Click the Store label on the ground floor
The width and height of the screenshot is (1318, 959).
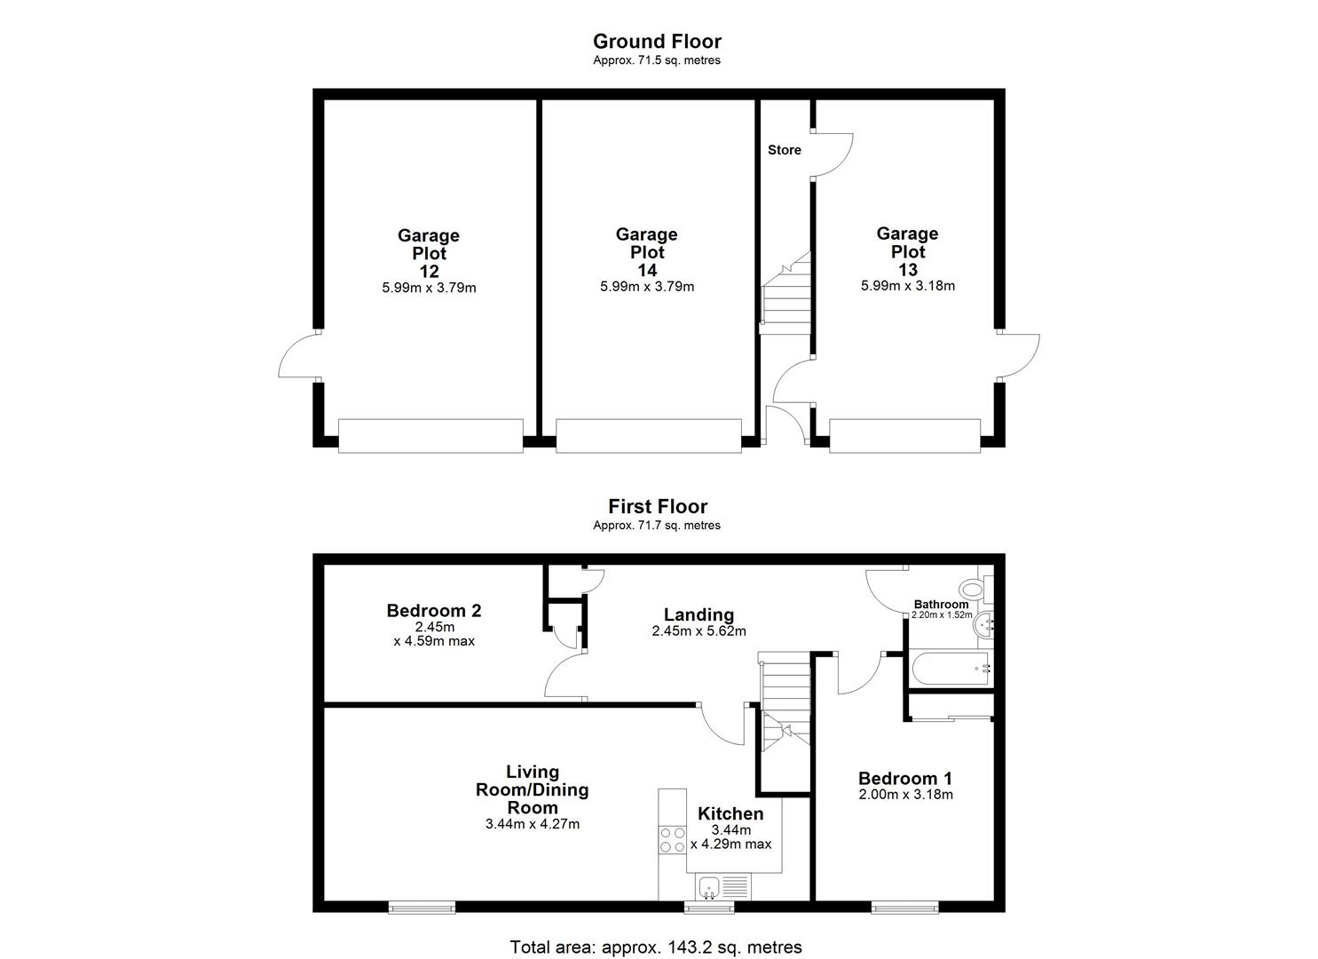784,150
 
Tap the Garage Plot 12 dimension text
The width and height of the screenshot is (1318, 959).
429,288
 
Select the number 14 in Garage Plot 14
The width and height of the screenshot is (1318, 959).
647,270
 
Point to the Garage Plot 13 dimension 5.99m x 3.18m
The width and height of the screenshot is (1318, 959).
907,286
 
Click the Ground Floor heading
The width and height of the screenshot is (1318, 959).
657,41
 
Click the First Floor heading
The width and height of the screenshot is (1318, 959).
657,506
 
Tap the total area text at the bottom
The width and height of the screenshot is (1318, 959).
656,947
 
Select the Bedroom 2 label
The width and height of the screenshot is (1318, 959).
434,611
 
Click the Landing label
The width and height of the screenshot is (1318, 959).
698,614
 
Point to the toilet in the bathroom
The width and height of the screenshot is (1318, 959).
974,588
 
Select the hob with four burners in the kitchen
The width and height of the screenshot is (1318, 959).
672,840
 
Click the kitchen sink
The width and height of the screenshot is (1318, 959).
709,885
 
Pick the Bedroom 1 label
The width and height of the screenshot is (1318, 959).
904,778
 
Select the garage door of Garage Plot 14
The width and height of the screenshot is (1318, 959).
648,436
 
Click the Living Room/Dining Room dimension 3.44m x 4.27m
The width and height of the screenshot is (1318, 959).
533,824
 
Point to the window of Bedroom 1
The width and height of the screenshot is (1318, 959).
904,907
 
